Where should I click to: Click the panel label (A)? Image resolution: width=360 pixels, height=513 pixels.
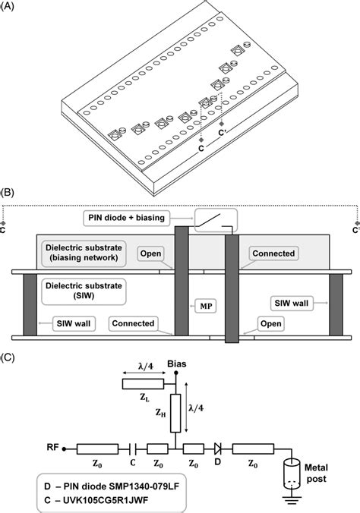tap(11, 7)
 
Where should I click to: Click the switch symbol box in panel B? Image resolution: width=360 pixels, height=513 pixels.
tap(216, 219)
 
